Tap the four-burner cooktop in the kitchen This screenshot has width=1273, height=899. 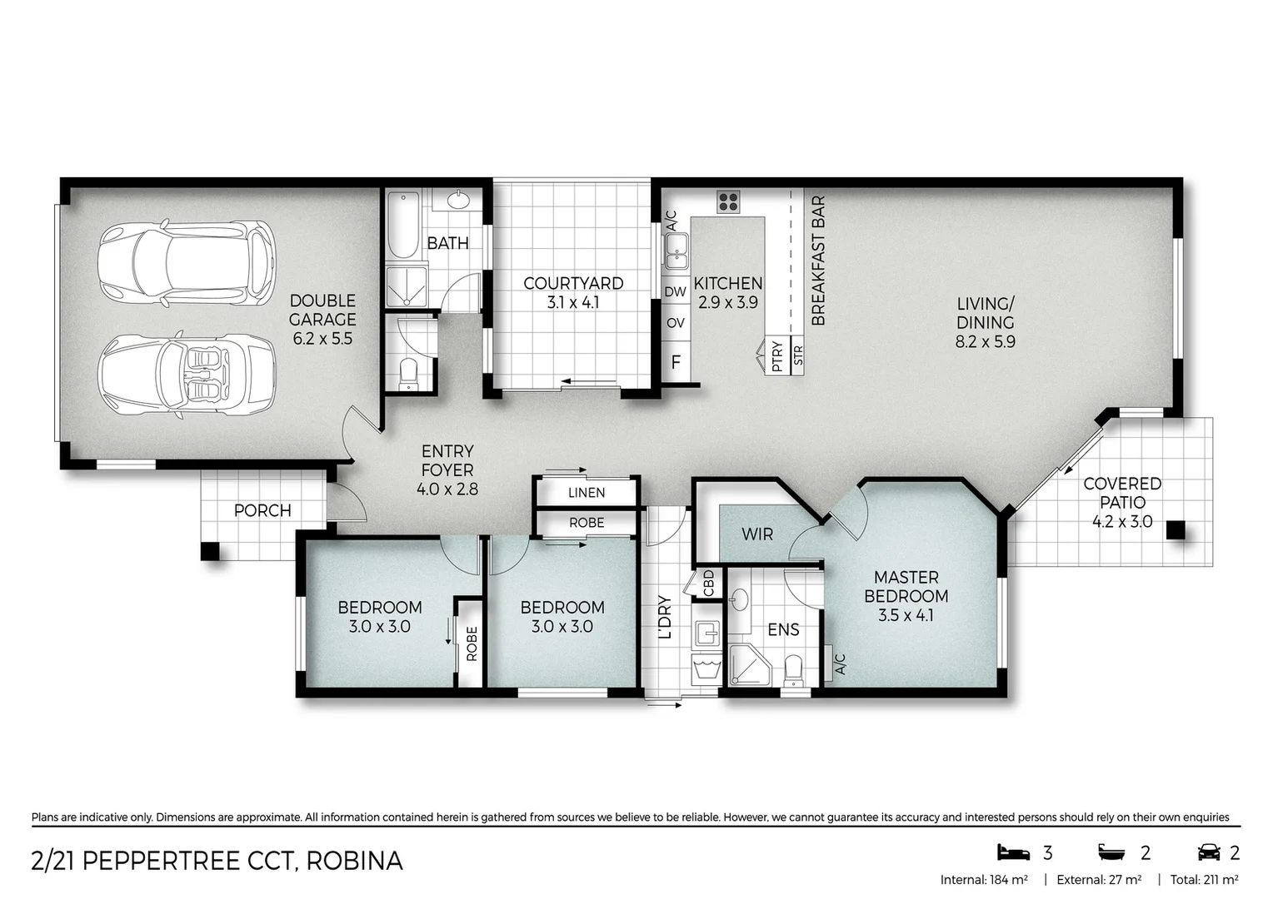[728, 202]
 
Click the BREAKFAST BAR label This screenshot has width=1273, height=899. [818, 261]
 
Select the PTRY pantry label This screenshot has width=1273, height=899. [777, 356]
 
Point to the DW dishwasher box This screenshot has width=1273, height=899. [675, 292]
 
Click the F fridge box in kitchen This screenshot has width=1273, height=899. [676, 362]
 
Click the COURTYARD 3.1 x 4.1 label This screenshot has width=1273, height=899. [573, 292]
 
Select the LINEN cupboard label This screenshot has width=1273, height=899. [587, 493]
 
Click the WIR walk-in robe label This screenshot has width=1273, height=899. [757, 534]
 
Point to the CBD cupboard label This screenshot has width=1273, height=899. [709, 583]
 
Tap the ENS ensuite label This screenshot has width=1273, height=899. [783, 630]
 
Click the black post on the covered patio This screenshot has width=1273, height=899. [1176, 529]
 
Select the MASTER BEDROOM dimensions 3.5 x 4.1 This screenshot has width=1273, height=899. [906, 616]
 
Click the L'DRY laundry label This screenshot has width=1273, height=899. [665, 617]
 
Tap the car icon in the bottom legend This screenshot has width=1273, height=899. [1208, 852]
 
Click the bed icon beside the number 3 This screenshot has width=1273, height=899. [1013, 852]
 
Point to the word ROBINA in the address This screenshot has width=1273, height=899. [354, 861]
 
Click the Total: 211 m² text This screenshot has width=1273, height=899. [1204, 880]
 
